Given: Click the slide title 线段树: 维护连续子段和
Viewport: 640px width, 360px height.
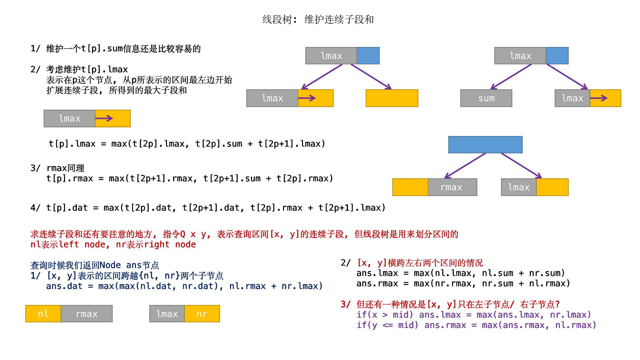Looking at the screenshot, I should pyautogui.click(x=318, y=20).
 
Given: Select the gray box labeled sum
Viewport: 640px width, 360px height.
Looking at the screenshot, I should pyautogui.click(x=486, y=98).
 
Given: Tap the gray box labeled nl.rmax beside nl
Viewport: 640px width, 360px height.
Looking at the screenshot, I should pyautogui.click(x=87, y=314).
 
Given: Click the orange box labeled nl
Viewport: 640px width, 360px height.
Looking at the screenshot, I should pyautogui.click(x=43, y=314).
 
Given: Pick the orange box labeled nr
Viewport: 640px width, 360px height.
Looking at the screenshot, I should pyautogui.click(x=202, y=314).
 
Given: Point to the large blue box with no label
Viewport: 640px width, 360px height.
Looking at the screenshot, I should pyautogui.click(x=485, y=145).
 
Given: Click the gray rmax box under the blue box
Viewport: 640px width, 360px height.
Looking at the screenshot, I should pyautogui.click(x=452, y=187).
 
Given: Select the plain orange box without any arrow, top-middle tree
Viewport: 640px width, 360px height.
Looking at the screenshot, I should pyautogui.click(x=392, y=98).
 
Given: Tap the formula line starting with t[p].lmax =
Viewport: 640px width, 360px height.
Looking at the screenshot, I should pyautogui.click(x=187, y=144).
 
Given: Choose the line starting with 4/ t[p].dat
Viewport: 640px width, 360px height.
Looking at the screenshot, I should pyautogui.click(x=208, y=208).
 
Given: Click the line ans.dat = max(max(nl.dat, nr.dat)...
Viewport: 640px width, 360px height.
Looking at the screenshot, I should pyautogui.click(x=184, y=286).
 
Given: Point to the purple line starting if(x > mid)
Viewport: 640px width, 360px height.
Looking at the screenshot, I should pyautogui.click(x=473, y=315).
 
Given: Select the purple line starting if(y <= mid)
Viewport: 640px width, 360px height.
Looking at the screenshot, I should pyautogui.click(x=476, y=325).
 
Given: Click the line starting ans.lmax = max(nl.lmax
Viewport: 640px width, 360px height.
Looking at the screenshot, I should pyautogui.click(x=461, y=273).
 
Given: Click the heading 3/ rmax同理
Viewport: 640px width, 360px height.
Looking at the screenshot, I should pyautogui.click(x=57, y=168).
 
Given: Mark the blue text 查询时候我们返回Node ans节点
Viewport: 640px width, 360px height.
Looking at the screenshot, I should pyautogui.click(x=95, y=265).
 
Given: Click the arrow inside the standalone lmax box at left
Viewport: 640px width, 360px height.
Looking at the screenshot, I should pyautogui.click(x=104, y=118).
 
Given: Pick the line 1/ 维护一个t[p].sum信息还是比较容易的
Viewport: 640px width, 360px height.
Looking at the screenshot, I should pyautogui.click(x=116, y=49).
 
